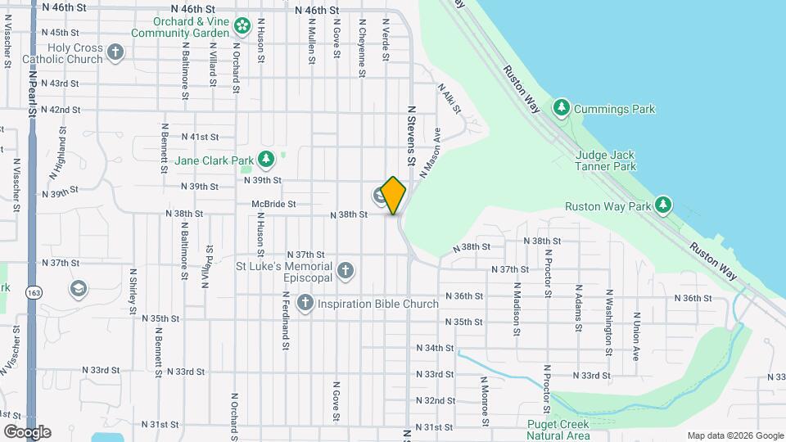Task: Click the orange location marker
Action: pos(394,195)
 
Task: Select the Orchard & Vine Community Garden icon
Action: pos(242,26)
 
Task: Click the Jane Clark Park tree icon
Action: pos(265,159)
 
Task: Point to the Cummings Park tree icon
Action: pos(561,108)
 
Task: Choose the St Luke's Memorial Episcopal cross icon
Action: pos(346,270)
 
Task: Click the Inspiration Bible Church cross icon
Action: pos(305,304)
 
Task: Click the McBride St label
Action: pos(273,203)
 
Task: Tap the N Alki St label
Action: pos(449,98)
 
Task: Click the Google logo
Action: pos(27,431)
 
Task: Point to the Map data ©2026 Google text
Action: pos(734,435)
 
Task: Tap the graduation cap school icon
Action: pos(78,287)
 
